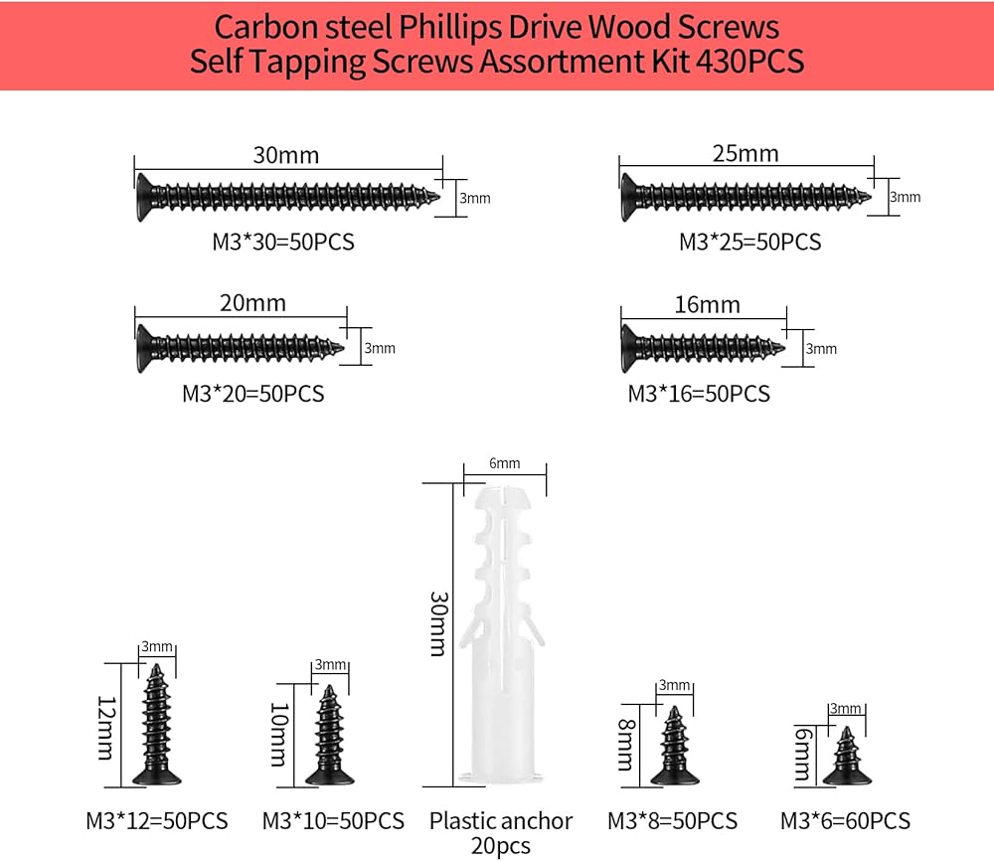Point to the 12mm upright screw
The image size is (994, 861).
click(156, 730)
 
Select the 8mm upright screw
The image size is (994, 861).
click(675, 749)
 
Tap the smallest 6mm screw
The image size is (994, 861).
click(846, 757)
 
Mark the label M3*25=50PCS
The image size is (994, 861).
click(750, 242)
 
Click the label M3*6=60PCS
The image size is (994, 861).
click(846, 821)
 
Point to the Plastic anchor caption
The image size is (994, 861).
click(501, 821)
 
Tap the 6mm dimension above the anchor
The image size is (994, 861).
click(504, 464)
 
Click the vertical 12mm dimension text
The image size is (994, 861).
click(105, 726)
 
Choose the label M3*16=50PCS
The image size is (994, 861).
click(699, 394)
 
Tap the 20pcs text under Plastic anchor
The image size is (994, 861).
click(501, 846)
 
